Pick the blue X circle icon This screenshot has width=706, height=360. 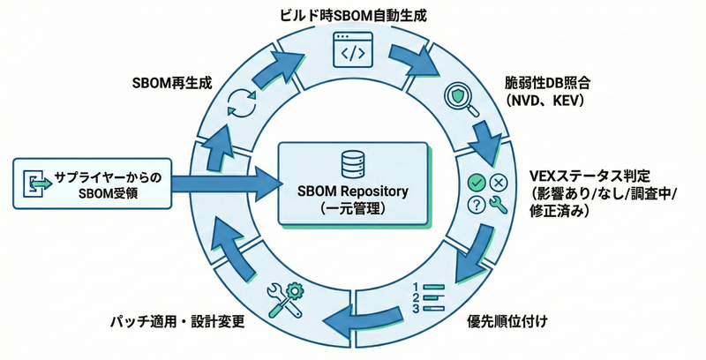point(498,183)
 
